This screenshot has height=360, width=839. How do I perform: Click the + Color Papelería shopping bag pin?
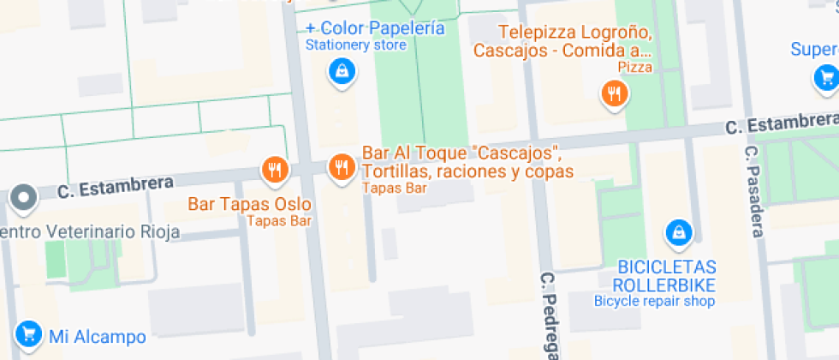(x=342, y=72)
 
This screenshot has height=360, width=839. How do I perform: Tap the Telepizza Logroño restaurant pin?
(x=614, y=93)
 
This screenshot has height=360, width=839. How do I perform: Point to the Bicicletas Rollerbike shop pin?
(x=678, y=231)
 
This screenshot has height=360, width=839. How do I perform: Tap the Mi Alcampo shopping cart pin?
(x=27, y=333)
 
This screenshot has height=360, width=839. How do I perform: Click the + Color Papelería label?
(x=375, y=28)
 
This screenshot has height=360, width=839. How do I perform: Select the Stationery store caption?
(x=355, y=45)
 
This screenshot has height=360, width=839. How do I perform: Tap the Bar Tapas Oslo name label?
(x=249, y=205)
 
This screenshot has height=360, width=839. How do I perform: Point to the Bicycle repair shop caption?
(x=654, y=301)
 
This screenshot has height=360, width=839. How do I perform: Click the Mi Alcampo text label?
(x=97, y=337)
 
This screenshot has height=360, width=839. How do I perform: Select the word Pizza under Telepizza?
(x=635, y=67)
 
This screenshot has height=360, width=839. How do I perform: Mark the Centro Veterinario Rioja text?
(x=90, y=231)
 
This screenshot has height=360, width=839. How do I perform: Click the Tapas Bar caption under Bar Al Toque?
(x=393, y=188)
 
